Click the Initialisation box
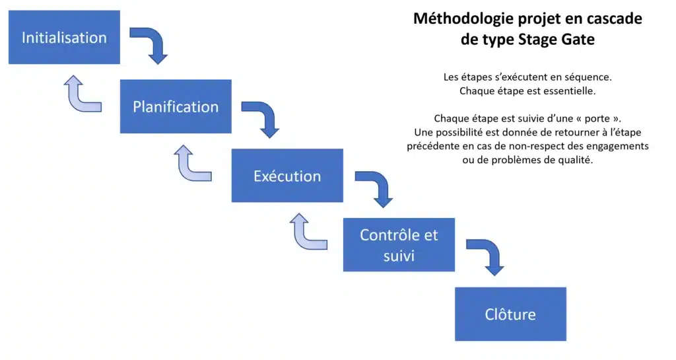[64, 38]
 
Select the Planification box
[176, 107]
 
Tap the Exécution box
[287, 176]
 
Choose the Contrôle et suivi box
[399, 244]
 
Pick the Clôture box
[510, 314]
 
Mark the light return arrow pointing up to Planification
[191, 164]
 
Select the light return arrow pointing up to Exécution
[306, 233]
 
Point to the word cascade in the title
[615, 18]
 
